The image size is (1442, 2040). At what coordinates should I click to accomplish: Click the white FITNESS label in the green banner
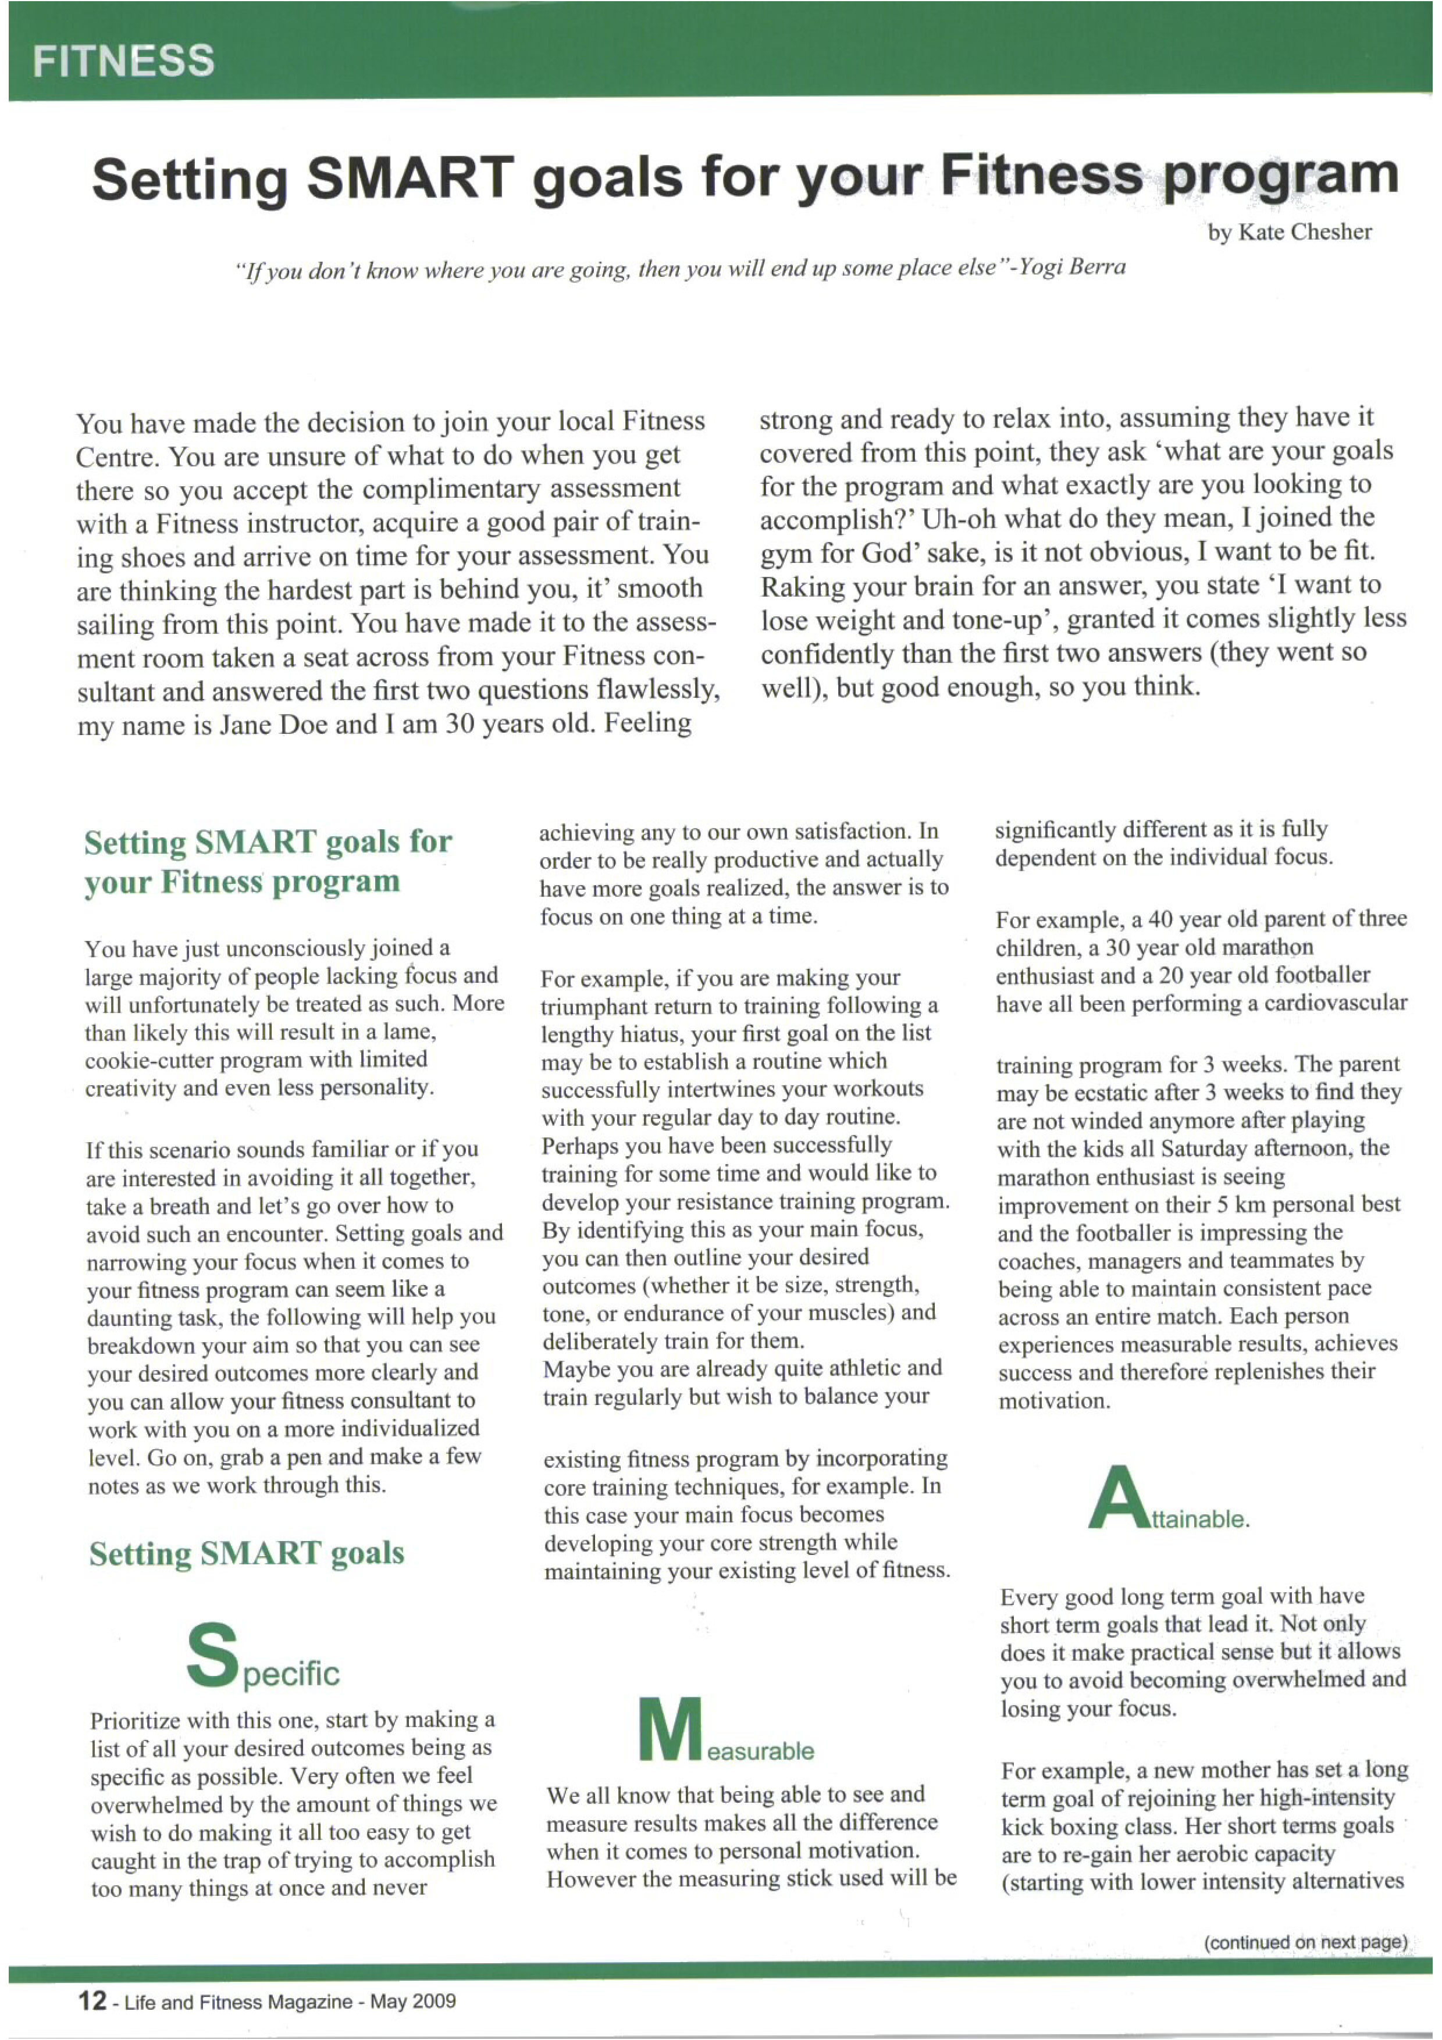tap(123, 61)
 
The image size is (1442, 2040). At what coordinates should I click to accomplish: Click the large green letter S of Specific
tap(213, 1654)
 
